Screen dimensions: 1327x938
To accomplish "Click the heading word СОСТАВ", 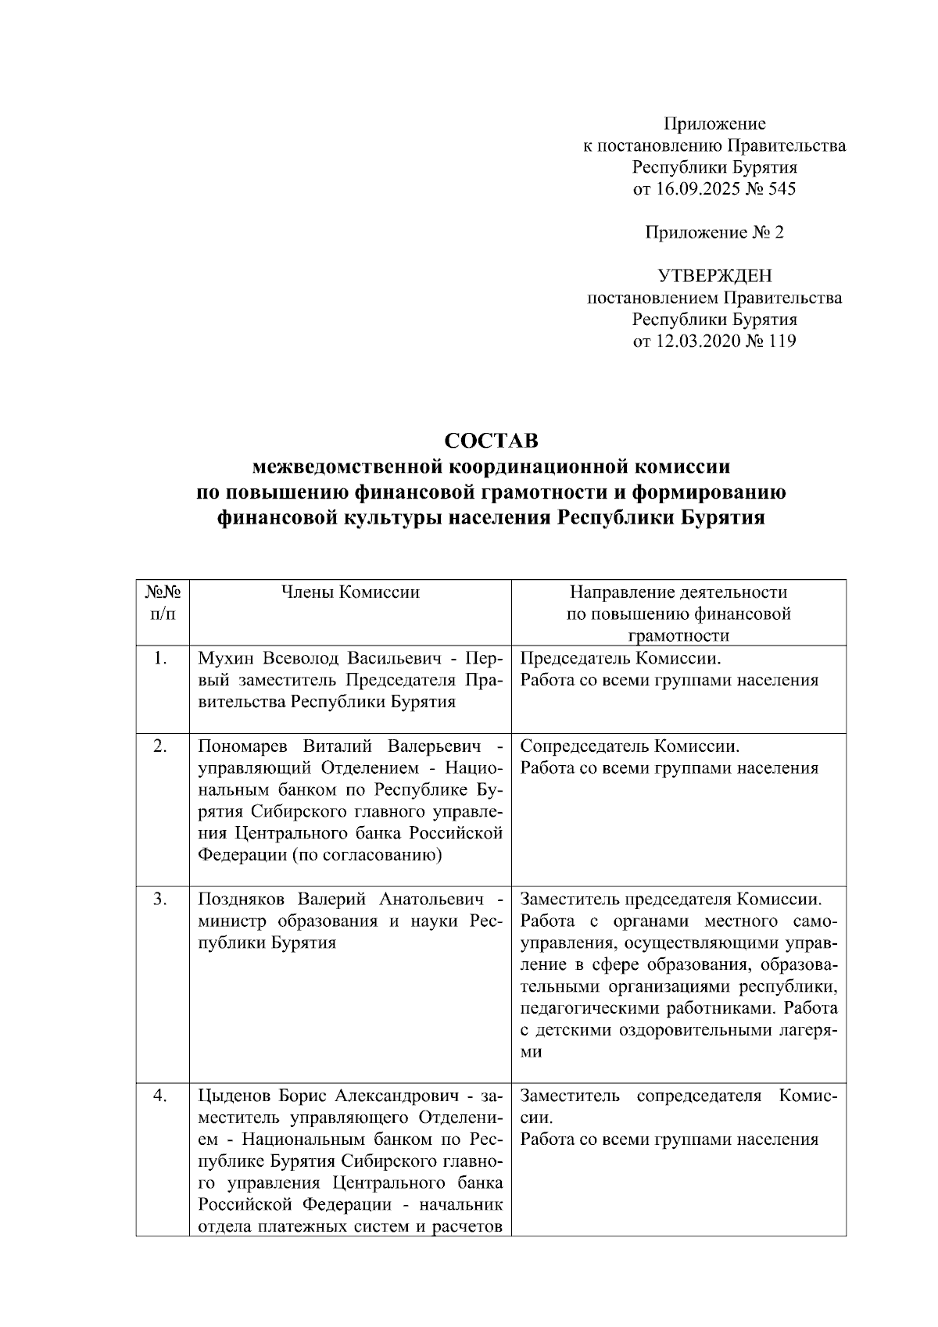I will point(491,441).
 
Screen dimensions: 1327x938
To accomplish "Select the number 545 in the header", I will point(782,188).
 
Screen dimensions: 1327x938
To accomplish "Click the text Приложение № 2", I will point(714,232).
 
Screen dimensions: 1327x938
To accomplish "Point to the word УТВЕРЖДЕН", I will point(714,276).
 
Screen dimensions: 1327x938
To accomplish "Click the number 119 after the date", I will point(782,341).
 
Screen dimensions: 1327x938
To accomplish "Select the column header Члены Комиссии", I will point(350,592).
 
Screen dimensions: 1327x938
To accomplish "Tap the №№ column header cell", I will point(163,603).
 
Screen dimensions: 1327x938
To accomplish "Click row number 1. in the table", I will point(161,658).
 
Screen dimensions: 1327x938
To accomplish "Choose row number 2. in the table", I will point(161,746).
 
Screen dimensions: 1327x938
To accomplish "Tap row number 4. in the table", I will point(161,1096).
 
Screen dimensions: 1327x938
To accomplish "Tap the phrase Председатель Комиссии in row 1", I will point(625,658).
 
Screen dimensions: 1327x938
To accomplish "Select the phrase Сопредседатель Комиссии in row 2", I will point(630,746).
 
